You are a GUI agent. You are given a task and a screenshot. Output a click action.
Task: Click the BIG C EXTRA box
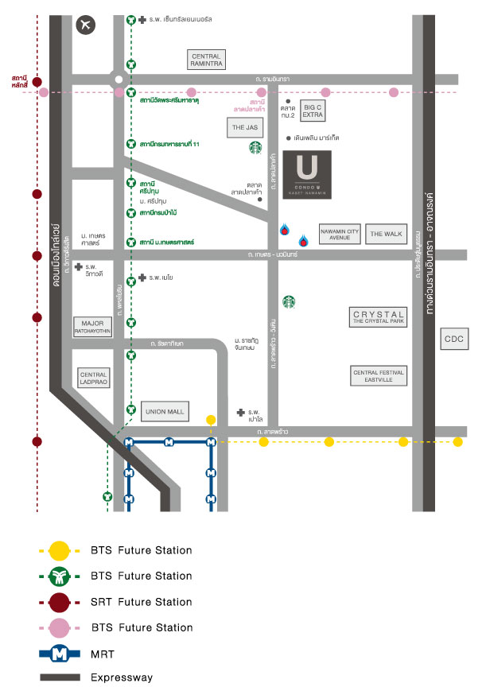(x=313, y=111)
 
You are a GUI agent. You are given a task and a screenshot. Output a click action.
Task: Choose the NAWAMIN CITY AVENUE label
(x=340, y=234)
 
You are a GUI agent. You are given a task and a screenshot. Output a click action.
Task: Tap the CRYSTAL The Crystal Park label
(x=379, y=317)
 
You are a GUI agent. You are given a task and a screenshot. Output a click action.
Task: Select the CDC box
(x=454, y=340)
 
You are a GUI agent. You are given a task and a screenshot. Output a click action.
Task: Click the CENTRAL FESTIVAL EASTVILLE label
(x=379, y=376)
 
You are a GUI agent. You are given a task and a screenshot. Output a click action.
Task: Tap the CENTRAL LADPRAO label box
(x=92, y=378)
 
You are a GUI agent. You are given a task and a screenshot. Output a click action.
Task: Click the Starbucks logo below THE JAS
(x=255, y=147)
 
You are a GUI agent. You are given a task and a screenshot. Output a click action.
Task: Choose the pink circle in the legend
(x=59, y=627)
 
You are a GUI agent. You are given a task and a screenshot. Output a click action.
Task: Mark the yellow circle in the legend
(x=59, y=549)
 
